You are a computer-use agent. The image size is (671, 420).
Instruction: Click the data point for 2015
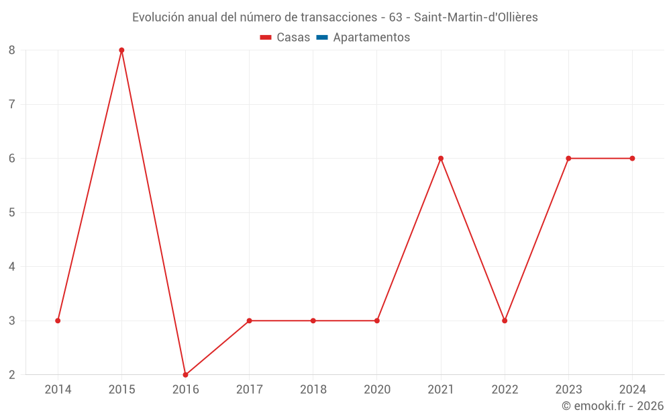pos(121,50)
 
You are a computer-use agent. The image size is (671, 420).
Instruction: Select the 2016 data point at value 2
pos(185,375)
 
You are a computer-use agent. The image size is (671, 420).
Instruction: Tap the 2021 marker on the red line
pos(441,159)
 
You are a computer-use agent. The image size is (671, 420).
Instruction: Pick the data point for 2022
pos(505,321)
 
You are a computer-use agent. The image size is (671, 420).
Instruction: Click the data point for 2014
pos(58,321)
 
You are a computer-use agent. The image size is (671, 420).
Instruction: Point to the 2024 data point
pos(632,159)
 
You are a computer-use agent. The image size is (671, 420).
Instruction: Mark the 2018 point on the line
pos(313,321)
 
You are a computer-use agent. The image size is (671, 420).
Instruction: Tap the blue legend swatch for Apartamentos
pos(321,38)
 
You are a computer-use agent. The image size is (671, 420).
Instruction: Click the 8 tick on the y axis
pos(12,50)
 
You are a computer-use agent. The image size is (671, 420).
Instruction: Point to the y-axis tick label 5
pos(12,212)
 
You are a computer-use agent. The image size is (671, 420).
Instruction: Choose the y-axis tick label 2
pos(12,375)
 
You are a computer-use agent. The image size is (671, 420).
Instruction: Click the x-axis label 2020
pos(376,390)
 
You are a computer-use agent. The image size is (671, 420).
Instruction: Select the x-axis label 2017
pos(249,390)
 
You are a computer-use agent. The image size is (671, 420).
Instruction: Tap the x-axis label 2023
pos(568,390)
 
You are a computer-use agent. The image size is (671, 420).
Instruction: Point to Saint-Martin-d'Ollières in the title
pos(476,17)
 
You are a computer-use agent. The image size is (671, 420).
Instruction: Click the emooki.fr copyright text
pos(613,406)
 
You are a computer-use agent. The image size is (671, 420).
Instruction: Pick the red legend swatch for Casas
pos(265,38)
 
